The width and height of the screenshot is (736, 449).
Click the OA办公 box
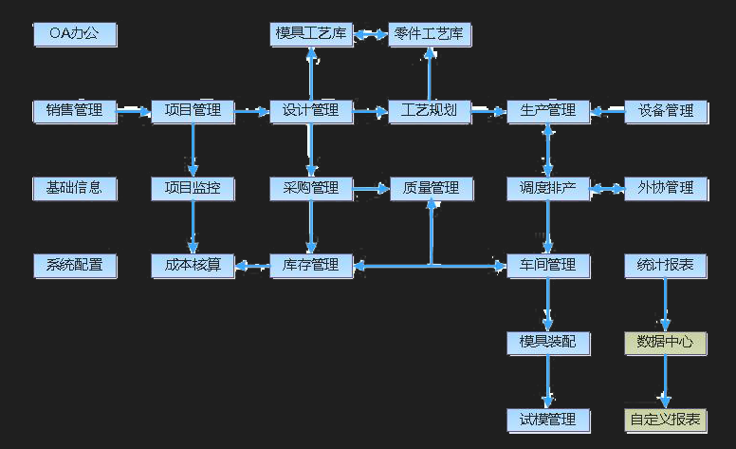pos(75,35)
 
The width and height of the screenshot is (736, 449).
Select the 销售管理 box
pos(75,111)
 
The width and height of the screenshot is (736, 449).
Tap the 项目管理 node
pos(193,111)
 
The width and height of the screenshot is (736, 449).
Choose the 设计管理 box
pos(311,111)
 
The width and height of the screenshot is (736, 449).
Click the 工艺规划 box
pos(430,111)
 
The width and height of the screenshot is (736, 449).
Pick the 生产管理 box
pos(548,111)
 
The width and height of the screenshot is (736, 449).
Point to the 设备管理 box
pos(666,111)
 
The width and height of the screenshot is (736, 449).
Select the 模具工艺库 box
pos(311,35)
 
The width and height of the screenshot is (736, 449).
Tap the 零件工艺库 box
pos(430,35)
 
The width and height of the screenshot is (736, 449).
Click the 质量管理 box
pos(431,188)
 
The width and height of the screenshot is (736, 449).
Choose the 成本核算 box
pos(193,266)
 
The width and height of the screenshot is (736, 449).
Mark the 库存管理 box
pos(311,266)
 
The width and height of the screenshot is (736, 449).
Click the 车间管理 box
pos(548,266)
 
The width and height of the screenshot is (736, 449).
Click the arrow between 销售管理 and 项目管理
pos(134,112)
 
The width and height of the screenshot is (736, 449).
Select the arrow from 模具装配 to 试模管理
pos(548,381)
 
